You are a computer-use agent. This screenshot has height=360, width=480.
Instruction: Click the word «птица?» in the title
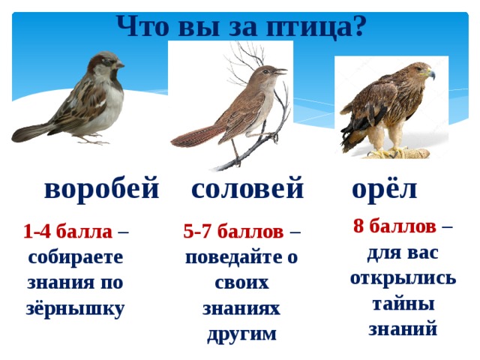315,27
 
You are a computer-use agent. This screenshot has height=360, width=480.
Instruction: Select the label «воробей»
102,188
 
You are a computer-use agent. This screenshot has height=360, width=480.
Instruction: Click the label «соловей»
247,188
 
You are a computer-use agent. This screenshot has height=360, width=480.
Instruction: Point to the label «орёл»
385,187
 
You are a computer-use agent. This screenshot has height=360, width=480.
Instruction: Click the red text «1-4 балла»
67,232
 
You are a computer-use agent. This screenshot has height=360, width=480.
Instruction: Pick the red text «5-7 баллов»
233,232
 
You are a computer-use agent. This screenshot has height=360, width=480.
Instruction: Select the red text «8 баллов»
394,226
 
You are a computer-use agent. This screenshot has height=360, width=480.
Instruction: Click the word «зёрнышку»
75,308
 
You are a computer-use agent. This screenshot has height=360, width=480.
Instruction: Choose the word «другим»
241,334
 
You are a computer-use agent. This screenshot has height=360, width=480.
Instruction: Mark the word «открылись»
403,278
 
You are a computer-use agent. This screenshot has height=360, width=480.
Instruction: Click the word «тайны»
403,304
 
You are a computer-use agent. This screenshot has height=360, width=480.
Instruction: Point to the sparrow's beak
119,65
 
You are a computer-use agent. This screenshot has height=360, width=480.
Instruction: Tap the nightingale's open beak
281,72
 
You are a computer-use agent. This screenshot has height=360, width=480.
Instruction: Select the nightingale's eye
265,72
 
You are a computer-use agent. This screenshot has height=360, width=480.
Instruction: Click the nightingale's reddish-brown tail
196,136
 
